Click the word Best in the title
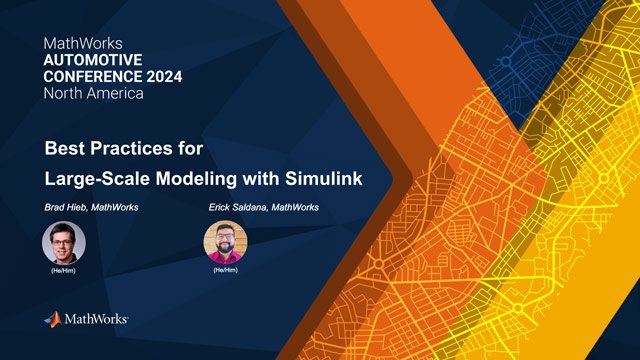pos(65,151)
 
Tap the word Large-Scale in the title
pos(93,179)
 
